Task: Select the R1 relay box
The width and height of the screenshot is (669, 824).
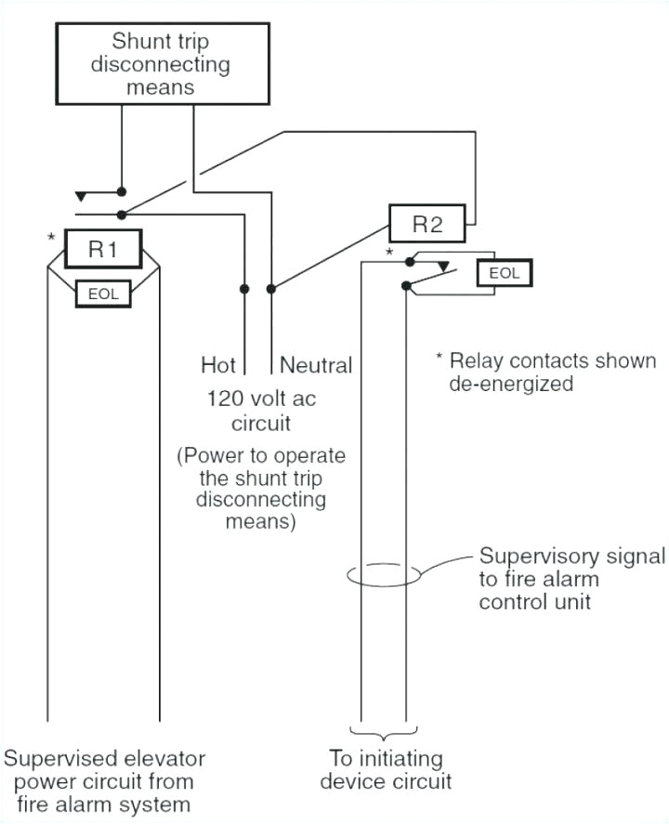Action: pyautogui.click(x=102, y=248)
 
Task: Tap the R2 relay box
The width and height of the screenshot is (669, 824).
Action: pyautogui.click(x=429, y=225)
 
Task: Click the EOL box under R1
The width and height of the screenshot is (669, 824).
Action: pyautogui.click(x=102, y=292)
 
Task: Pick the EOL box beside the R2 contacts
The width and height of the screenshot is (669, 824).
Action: pyautogui.click(x=505, y=272)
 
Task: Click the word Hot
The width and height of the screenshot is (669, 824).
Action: pyautogui.click(x=218, y=365)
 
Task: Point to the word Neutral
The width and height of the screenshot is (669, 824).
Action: pyautogui.click(x=316, y=365)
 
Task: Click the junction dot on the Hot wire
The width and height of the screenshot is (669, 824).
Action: pyautogui.click(x=244, y=289)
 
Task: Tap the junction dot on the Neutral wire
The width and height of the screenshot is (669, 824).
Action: pyautogui.click(x=270, y=289)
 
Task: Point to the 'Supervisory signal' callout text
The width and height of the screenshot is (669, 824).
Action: pyautogui.click(x=571, y=577)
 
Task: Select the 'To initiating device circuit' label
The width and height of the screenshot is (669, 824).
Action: pyautogui.click(x=386, y=770)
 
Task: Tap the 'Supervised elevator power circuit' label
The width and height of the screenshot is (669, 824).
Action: pyautogui.click(x=103, y=778)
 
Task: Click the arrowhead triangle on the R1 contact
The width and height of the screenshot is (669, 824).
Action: pyautogui.click(x=82, y=196)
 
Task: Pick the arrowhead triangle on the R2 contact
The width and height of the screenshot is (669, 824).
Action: pyautogui.click(x=444, y=267)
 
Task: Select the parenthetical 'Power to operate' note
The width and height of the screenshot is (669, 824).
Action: pyautogui.click(x=261, y=489)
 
